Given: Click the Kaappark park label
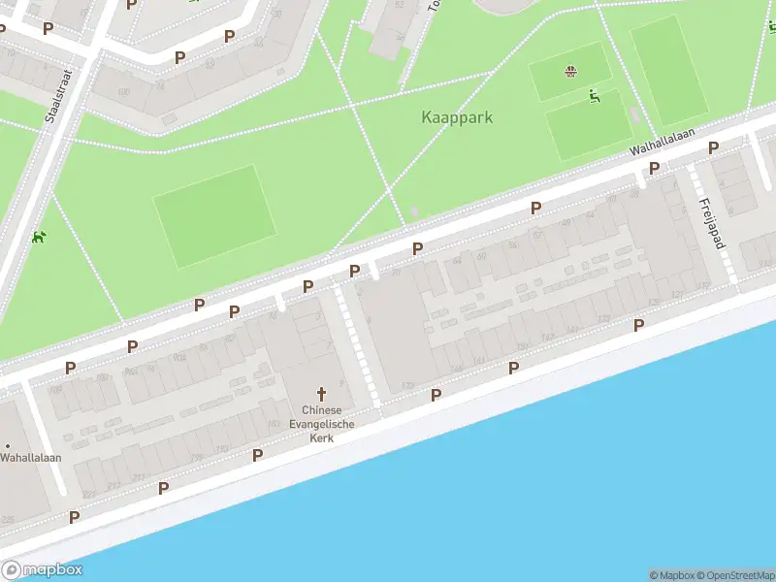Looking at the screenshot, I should [x=457, y=117].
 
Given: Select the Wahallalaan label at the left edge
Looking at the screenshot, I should [x=31, y=457].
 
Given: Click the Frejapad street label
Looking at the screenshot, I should [x=712, y=224].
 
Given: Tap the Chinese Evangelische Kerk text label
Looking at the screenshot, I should [x=321, y=424].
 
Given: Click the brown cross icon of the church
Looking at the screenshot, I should [x=321, y=394].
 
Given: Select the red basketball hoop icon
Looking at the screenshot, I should [x=570, y=70].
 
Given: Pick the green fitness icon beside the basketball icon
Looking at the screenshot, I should [x=594, y=95].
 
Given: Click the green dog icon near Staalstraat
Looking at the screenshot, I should [x=38, y=237].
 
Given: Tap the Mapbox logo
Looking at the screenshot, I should [x=42, y=570].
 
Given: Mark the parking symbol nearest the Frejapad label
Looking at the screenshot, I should [x=713, y=147].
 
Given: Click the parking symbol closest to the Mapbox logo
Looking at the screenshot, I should [x=74, y=517].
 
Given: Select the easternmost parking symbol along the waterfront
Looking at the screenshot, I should [x=638, y=325].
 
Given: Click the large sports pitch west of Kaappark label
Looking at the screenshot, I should [x=213, y=215].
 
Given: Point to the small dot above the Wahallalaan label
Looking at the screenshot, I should [x=7, y=445].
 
